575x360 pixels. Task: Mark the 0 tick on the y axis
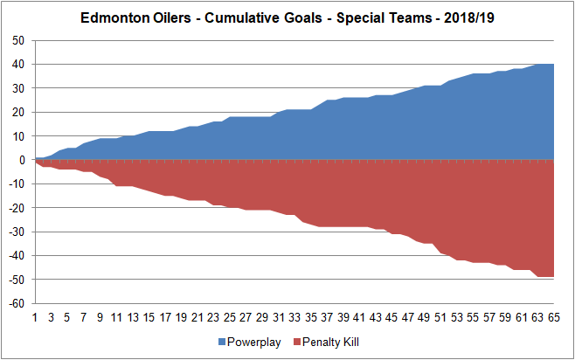(23, 160)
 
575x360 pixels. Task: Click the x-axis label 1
(35, 318)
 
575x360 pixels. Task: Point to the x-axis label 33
(295, 318)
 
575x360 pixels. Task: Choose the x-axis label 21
(197, 318)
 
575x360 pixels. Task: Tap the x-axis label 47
(409, 318)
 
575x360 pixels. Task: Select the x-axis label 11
(116, 318)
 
